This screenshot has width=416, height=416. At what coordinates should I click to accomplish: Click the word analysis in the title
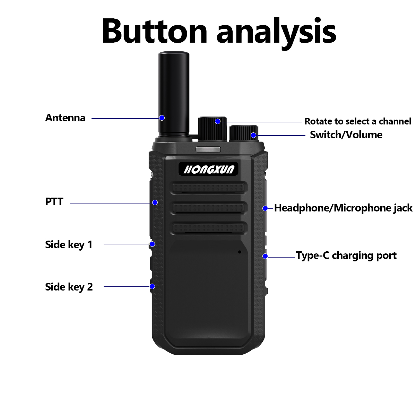[276, 32]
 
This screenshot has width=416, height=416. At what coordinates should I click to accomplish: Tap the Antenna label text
[65, 118]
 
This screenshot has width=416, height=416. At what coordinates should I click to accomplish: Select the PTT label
[54, 202]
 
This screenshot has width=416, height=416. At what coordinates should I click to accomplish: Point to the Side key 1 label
[69, 245]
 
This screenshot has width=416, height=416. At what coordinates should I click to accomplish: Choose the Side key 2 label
[69, 287]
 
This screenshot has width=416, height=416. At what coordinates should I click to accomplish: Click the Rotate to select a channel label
[358, 121]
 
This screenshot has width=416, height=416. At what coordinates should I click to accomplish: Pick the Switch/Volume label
[346, 135]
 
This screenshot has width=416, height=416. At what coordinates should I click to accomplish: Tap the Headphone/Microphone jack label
[343, 208]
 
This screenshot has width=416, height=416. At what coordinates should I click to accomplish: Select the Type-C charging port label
[346, 256]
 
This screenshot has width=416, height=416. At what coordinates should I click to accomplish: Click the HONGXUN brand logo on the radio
[209, 169]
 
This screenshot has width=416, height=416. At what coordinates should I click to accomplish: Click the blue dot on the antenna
[162, 118]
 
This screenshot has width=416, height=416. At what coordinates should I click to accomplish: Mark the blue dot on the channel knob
[218, 121]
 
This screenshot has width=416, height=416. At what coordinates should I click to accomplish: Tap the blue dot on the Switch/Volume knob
[253, 135]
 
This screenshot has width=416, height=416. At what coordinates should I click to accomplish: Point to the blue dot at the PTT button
[155, 202]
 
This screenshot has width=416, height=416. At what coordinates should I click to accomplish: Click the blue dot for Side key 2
[152, 286]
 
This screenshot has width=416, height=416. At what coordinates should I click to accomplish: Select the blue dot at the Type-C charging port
[265, 256]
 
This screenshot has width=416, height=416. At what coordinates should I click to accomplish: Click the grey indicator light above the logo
[208, 150]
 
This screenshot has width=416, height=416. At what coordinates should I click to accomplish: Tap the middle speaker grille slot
[209, 208]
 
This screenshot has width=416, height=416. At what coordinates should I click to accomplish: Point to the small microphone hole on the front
[240, 252]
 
